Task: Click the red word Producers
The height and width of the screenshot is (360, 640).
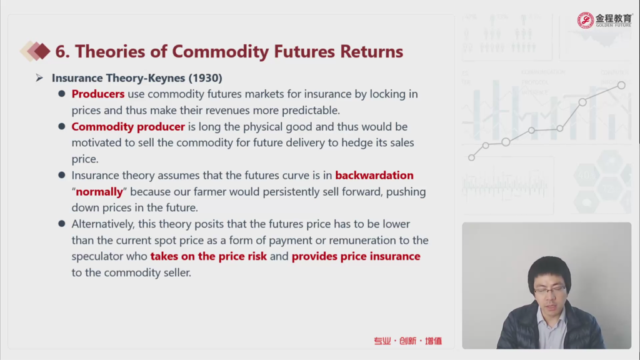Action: (x=98, y=94)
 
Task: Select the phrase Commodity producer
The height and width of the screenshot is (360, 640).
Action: (x=128, y=126)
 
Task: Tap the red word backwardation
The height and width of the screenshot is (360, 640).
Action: (x=374, y=175)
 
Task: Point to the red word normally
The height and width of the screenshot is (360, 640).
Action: (x=99, y=192)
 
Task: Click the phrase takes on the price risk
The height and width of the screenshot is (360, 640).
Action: (x=209, y=256)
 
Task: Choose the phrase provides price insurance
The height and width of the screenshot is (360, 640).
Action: (x=356, y=256)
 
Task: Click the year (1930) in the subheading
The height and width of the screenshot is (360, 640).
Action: (x=205, y=78)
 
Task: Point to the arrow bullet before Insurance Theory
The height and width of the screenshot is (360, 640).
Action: (x=39, y=77)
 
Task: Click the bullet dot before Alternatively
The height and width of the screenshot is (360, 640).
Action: (x=62, y=224)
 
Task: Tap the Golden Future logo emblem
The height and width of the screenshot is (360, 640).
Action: (x=585, y=20)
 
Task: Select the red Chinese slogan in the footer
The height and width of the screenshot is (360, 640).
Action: (x=407, y=341)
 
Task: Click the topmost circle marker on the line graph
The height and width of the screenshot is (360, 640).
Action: (x=621, y=85)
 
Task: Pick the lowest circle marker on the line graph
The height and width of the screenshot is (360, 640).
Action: (x=471, y=157)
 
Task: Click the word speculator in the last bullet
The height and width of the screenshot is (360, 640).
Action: (x=109, y=257)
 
